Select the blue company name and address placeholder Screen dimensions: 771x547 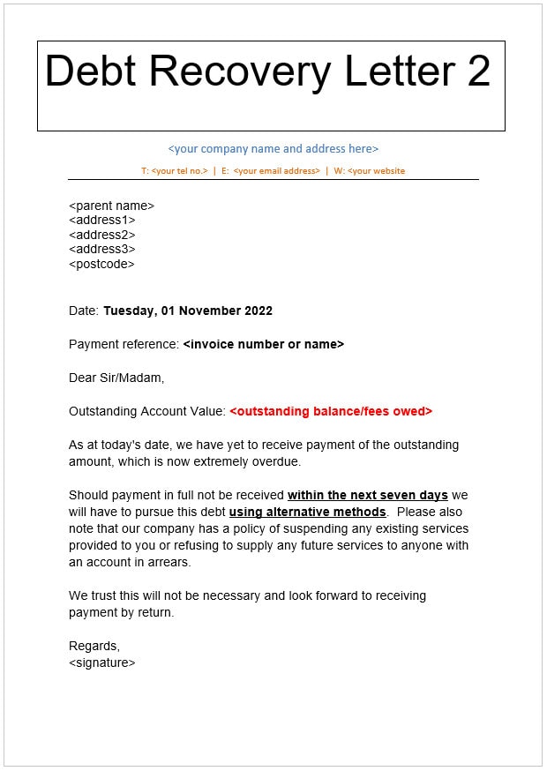coord(273,149)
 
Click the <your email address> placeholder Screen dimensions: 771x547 coord(276,170)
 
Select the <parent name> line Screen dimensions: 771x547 coord(111,206)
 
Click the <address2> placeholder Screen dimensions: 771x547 coord(101,235)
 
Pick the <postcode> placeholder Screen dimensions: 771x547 coord(101,264)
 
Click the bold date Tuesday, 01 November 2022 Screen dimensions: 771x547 coord(188,311)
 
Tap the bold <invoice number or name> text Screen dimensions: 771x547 coord(263,344)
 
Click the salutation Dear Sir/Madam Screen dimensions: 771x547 coord(116,378)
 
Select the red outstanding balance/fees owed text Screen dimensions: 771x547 coord(331,411)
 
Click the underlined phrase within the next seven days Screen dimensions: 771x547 coord(367,495)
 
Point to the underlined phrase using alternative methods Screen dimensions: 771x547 coord(307,512)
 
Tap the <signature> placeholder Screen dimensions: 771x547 coord(101,662)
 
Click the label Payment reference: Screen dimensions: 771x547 coord(124,344)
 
